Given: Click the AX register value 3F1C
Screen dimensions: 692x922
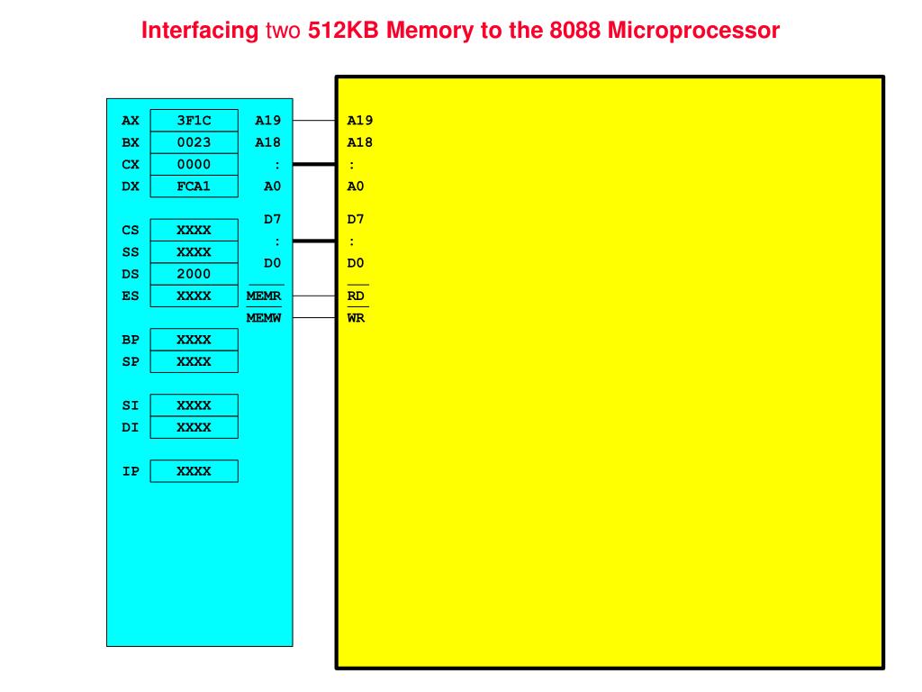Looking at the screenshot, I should [194, 121].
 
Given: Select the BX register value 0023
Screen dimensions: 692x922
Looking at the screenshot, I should [194, 142].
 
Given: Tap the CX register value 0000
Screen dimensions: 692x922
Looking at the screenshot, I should [194, 164].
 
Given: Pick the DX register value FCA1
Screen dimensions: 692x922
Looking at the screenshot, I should [194, 187].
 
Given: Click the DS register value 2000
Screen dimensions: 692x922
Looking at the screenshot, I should [194, 274].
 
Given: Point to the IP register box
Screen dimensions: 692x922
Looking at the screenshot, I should [194, 471].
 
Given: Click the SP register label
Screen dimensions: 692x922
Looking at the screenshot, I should [131, 361].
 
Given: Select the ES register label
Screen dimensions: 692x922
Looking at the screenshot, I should [131, 296].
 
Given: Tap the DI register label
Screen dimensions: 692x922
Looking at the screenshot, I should [131, 427].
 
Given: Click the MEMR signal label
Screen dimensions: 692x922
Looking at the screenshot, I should [264, 296].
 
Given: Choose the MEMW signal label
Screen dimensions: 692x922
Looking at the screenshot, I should [264, 318].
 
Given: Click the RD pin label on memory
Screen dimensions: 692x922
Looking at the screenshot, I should [357, 296].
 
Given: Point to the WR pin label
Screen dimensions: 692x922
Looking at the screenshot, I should [357, 318].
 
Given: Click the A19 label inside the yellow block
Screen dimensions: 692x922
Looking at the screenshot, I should [360, 121].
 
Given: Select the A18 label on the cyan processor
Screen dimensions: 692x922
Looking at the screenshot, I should [268, 142].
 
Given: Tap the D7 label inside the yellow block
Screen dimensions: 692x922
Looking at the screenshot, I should [356, 219].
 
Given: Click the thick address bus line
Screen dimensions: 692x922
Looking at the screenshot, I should [314, 164].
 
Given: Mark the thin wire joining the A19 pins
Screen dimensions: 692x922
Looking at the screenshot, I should [314, 121].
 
